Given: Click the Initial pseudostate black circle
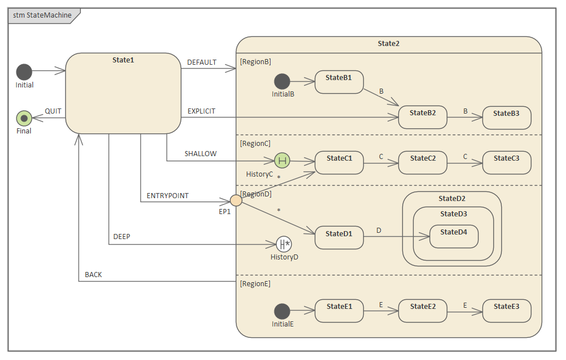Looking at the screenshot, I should [x=24, y=72].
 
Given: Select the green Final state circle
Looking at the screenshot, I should [x=24, y=118].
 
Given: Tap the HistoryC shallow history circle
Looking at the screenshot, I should [x=282, y=161].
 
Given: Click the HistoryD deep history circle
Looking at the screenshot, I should [x=284, y=245].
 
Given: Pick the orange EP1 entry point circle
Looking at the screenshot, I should [x=236, y=200].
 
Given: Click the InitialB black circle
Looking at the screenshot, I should [x=282, y=82].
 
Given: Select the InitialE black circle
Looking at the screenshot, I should [x=282, y=311].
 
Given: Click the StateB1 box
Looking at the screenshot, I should [x=339, y=82].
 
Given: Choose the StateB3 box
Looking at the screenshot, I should [x=506, y=118].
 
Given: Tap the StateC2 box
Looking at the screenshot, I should [x=423, y=163].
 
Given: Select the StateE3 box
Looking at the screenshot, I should [x=506, y=311].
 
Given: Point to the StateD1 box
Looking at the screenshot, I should [x=339, y=237].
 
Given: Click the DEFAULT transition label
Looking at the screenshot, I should [x=202, y=62].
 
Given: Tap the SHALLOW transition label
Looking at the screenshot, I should [x=201, y=154].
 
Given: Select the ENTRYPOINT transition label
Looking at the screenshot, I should [x=168, y=196].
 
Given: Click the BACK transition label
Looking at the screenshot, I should [x=93, y=275].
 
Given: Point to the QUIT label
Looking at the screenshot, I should [x=53, y=111].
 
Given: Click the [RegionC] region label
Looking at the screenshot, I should [x=255, y=144].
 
